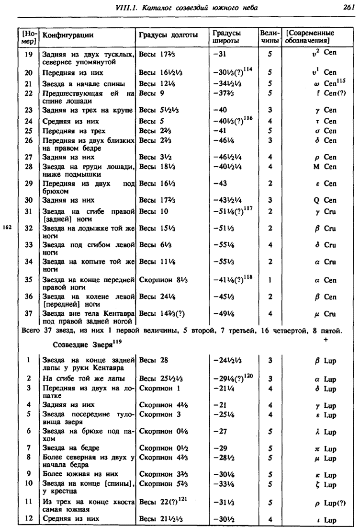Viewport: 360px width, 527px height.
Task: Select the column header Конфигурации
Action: (x=67, y=35)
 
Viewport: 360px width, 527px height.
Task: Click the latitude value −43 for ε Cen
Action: (x=221, y=183)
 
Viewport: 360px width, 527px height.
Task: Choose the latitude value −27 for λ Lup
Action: (x=221, y=431)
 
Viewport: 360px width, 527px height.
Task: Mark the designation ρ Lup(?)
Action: (x=328, y=503)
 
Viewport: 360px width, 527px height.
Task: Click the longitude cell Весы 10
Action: (x=153, y=211)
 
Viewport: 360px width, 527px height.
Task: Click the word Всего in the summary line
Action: (x=31, y=331)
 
